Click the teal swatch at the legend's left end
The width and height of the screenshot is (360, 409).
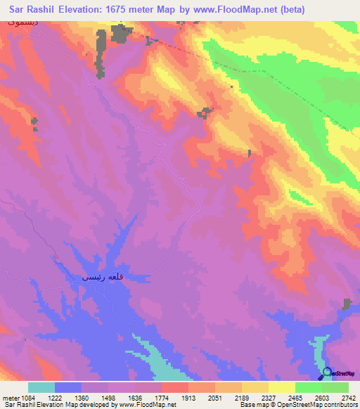click(x=41, y=387)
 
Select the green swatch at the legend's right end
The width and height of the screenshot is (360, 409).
click(x=335, y=387)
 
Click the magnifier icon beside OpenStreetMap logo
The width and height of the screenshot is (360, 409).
click(x=327, y=373)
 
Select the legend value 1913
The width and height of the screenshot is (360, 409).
click(x=187, y=397)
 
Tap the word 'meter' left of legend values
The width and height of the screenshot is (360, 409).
click(x=9, y=397)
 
